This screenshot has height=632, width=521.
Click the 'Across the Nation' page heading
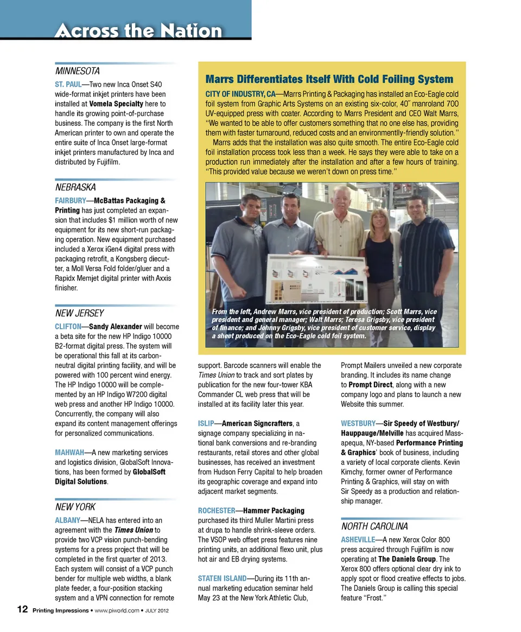pos(138,30)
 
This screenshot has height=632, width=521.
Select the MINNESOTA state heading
pos(77,71)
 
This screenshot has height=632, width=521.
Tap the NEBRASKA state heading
pos(75,187)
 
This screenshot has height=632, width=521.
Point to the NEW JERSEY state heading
pos(79,314)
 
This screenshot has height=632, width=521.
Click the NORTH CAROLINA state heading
pos(374,527)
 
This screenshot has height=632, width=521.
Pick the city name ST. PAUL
pos(68,84)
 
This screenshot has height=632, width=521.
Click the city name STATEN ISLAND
pos(222,579)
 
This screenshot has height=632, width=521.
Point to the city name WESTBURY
pos(358,423)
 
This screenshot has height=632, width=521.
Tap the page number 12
pos(22,610)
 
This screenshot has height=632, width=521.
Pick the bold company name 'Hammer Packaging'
pos(274,510)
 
